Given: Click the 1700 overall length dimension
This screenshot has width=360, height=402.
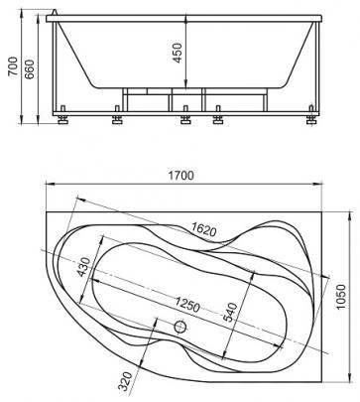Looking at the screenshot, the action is coord(181,175).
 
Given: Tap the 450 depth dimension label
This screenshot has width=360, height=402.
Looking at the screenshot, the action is coord(178,53).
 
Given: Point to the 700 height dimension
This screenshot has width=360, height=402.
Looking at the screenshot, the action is coord(13,67).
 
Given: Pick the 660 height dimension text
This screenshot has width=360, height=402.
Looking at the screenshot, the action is coord(29,69).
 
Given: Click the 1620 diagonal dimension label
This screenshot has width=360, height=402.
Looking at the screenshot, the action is coord(204,229).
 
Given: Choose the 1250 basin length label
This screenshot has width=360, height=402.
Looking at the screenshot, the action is coord(187,305).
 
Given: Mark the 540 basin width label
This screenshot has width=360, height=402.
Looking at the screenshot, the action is coord(230,313).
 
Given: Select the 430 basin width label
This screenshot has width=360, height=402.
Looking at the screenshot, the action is coord(83,267).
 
